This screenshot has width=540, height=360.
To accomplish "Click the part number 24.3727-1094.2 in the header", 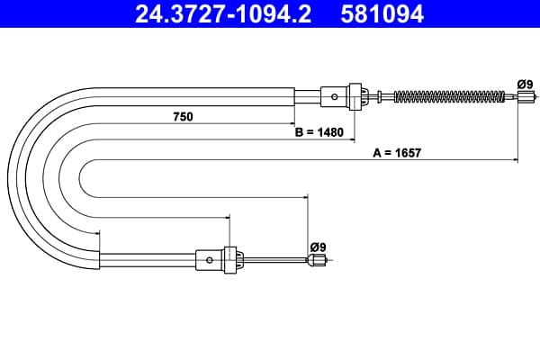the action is pos(223,13).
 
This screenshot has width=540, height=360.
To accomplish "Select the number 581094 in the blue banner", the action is pos(382,13).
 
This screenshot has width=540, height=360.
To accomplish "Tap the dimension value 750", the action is pos(183,117).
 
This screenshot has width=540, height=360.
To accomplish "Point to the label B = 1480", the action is pos(319,132).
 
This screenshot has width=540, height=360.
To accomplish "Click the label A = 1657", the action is pos(397,153).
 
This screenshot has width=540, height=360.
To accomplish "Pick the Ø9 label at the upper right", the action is pos(525,85).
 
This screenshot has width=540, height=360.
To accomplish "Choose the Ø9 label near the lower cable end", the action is pos(318,247).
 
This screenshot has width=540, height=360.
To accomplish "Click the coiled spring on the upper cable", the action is pos(449,97).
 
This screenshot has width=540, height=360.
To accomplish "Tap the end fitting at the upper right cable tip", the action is pos(526,97).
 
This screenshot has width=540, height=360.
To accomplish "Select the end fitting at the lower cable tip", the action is pos(317,260).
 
